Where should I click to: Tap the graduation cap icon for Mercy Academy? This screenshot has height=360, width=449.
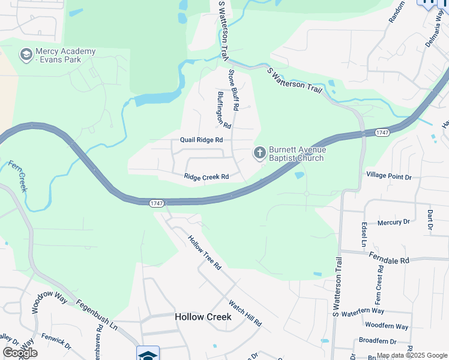[26, 56]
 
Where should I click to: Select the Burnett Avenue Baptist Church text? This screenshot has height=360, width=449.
[297, 154]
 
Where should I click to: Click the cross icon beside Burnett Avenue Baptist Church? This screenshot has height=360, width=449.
[260, 154]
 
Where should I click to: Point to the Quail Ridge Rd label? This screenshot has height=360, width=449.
[202, 140]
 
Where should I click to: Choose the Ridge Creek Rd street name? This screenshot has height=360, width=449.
[206, 177]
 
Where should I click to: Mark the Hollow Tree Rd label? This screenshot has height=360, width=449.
[205, 251]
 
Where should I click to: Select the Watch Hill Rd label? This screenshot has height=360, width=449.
[245, 312]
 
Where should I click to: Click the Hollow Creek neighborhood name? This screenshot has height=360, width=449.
[203, 317]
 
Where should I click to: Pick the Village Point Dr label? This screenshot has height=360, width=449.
[388, 177]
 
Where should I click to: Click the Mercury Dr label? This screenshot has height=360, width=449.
[393, 223]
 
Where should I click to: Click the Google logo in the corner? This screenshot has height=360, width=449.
[20, 353]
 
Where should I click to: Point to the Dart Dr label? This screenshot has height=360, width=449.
[430, 220]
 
